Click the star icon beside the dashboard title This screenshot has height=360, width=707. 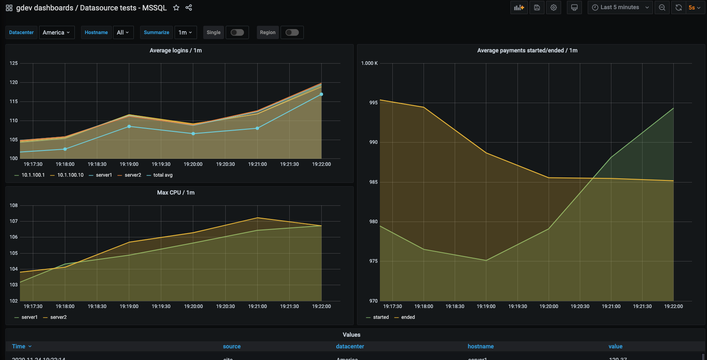pos(176,7)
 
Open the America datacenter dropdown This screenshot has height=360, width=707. pos(57,32)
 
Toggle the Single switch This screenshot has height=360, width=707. pos(237,32)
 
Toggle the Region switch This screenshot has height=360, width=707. pos(292,32)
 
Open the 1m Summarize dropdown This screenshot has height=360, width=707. pos(185,32)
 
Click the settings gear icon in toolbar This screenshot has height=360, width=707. pos(554,7)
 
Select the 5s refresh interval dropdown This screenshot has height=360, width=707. pos(695,7)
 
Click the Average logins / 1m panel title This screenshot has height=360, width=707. pos(175,50)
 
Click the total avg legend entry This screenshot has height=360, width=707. pos(163,175)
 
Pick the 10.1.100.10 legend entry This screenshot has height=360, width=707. pos(70,175)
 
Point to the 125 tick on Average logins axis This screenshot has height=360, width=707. pos(14,63)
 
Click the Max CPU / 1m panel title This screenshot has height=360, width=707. pos(175,192)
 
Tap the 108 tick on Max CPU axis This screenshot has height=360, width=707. pos(14,205)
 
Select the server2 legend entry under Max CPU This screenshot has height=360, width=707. pos(58,317)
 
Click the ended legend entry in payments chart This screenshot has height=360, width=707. pos(408,317)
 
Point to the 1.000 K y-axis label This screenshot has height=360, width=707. pos(369,63)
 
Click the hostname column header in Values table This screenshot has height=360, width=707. pos(480,346)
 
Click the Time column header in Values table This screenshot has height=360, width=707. pos(19,346)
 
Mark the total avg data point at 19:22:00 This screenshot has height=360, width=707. pos(321,94)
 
